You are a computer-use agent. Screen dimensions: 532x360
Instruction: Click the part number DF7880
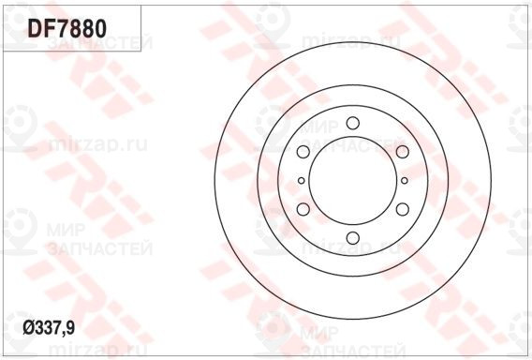click(x=67, y=28)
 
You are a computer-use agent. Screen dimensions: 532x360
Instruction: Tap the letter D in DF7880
click(x=35, y=28)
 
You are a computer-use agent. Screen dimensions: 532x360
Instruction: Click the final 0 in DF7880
click(x=100, y=28)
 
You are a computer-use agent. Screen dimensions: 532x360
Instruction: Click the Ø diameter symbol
click(x=28, y=328)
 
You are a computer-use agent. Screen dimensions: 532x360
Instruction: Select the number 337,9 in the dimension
click(x=55, y=329)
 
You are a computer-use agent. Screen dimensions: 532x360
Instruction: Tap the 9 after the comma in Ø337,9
click(x=70, y=328)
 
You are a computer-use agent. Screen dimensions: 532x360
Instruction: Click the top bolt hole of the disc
click(x=353, y=123)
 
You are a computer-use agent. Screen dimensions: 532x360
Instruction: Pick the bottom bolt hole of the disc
click(x=353, y=238)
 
